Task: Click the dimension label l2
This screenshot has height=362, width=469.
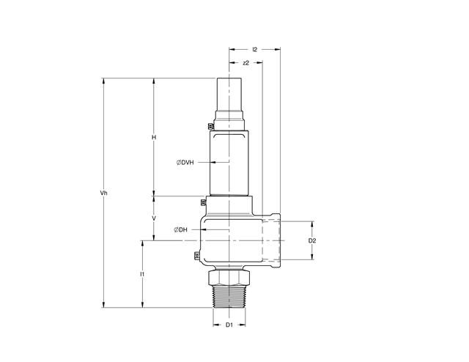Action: pos(254,49)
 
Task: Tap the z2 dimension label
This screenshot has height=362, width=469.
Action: pos(246,63)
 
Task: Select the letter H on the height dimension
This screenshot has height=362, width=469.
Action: pos(154,137)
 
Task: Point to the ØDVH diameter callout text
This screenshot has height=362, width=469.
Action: pos(185,163)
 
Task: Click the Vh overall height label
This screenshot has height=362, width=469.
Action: pos(104,193)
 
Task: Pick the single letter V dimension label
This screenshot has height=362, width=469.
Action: pos(154,218)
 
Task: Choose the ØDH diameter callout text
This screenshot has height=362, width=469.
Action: pos(181,230)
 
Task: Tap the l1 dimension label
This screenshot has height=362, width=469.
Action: pos(142,274)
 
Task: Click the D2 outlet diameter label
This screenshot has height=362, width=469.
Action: pos(312,240)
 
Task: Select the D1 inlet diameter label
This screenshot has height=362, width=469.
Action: pos(229,323)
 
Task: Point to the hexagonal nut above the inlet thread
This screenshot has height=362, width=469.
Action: pos(229,277)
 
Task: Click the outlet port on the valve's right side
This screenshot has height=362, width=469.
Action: pos(274,240)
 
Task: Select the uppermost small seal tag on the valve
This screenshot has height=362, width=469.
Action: pos(210,128)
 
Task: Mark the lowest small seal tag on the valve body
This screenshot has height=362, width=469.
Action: pos(196,256)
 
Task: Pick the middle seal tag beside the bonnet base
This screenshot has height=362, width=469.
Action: pos(203,203)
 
